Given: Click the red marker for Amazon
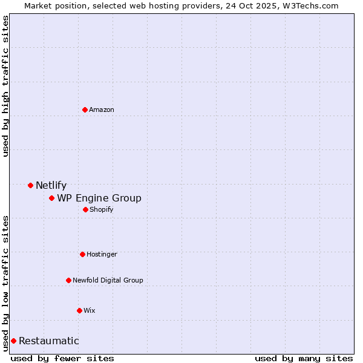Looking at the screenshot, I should coord(85,110).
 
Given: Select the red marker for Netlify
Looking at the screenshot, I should coord(30,185).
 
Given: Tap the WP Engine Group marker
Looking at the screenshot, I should coord(52,198).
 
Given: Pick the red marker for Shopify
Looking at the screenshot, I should coord(85,209).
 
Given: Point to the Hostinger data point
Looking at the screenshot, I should coord(82,254).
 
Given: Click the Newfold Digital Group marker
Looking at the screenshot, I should coord(68,280).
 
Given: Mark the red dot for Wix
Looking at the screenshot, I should coord(79,310).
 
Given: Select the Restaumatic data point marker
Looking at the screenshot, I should coord(13,341).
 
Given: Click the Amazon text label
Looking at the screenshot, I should coord(102,110).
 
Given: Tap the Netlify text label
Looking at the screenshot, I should coord(51,186).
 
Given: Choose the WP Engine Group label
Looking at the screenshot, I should coord(99,198).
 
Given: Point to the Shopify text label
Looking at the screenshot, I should coord(102,209).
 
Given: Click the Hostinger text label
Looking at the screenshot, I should coord(102,254).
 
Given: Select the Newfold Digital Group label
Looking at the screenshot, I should coord(108,280).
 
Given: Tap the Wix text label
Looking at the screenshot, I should coord(90,310).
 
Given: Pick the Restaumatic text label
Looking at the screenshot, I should coord(49,341).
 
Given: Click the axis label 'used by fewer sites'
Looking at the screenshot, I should coord(62,358).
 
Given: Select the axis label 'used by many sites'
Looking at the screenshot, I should coord(304,358).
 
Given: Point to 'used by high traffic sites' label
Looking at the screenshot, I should coord(5,86).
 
